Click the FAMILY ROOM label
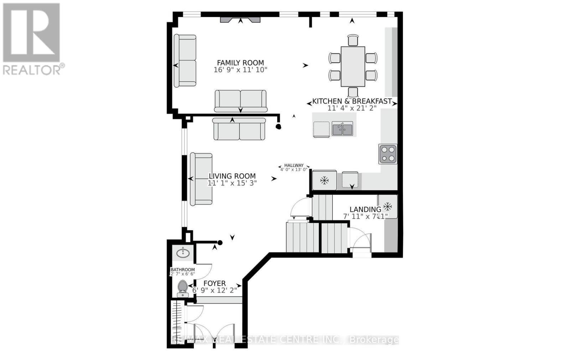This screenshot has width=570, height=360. (240, 63)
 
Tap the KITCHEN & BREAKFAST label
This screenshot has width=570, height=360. (352, 101)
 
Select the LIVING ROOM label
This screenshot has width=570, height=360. (232, 176)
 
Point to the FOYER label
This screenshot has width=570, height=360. (214, 283)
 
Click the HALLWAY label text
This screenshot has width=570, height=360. (294, 165)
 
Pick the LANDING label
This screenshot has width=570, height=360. (365, 209)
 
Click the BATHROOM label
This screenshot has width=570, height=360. (182, 270)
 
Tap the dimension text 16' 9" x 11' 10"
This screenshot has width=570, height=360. (240, 70)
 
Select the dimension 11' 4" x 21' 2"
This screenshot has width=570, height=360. (352, 108)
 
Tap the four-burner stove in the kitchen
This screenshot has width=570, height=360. (388, 154)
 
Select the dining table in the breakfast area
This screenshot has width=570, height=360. (353, 66)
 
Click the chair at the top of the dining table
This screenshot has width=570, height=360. (353, 40)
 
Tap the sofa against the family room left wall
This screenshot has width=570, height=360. (185, 61)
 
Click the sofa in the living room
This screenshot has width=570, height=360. (201, 179)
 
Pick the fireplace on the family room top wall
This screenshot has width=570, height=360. (240, 20)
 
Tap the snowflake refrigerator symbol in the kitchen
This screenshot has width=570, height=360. (324, 181)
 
